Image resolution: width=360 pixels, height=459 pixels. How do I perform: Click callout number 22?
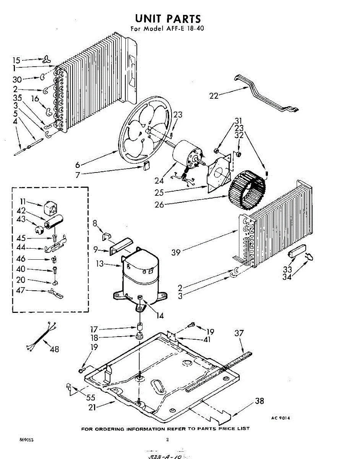[214, 96]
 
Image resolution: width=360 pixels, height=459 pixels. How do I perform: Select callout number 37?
[239, 334]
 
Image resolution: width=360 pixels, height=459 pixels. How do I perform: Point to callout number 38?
[259, 401]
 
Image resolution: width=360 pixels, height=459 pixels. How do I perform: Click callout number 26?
[159, 205]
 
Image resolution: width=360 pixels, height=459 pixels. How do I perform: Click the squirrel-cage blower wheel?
[246, 191]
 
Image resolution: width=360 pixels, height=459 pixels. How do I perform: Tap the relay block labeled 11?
[49, 207]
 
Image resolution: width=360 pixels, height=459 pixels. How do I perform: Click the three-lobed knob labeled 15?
[47, 59]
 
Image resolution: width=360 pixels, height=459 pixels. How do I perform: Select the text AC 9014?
[281, 418]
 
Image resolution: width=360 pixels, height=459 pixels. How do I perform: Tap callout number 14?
[159, 316]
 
